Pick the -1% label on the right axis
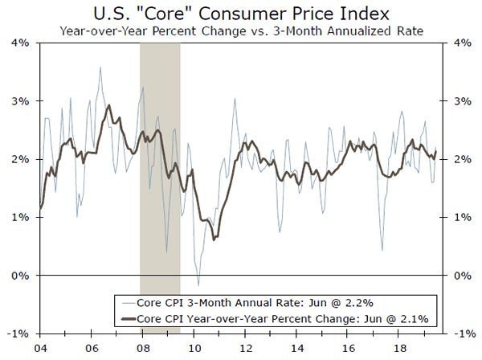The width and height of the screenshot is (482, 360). [464, 333]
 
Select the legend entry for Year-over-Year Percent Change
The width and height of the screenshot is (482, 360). [266, 318]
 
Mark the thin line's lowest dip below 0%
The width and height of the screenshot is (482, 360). [198, 285]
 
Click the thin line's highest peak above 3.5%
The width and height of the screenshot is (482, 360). [100, 67]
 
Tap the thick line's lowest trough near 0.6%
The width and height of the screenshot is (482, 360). [214, 239]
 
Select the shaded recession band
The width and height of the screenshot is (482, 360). [160, 185]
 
